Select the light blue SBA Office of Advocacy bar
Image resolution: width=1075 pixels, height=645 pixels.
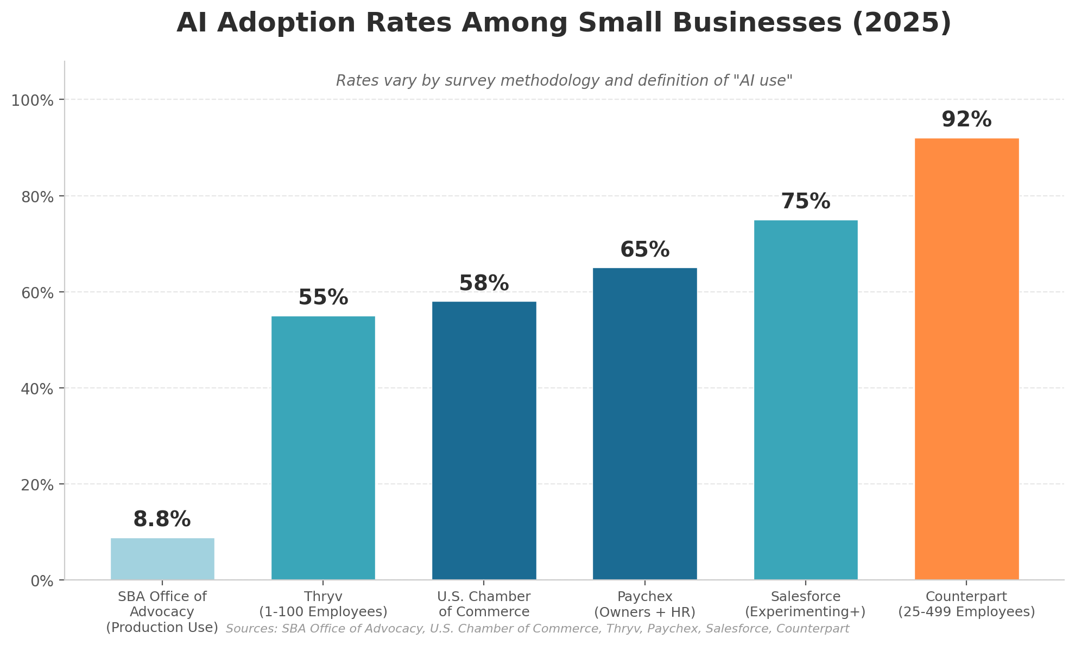162,559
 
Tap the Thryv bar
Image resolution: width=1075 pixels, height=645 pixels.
323,448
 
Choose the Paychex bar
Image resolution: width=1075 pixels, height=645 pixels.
644,424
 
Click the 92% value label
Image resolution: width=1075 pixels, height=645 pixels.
966,120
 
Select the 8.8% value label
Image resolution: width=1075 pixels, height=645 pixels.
162,520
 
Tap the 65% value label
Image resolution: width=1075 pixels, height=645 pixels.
644,250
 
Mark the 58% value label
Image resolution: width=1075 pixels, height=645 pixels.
484,284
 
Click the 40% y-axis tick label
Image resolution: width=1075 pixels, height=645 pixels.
40,389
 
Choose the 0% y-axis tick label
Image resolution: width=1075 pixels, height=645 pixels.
43,581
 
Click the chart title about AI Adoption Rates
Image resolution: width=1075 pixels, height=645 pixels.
564,23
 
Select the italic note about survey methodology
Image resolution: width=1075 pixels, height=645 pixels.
564,81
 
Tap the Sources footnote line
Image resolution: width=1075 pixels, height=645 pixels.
537,629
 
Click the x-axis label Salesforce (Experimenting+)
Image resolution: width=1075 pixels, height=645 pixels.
806,604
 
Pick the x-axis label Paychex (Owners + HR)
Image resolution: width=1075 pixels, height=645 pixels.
644,604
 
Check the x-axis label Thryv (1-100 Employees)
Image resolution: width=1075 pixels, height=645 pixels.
323,604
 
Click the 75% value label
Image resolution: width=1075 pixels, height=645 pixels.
806,202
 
